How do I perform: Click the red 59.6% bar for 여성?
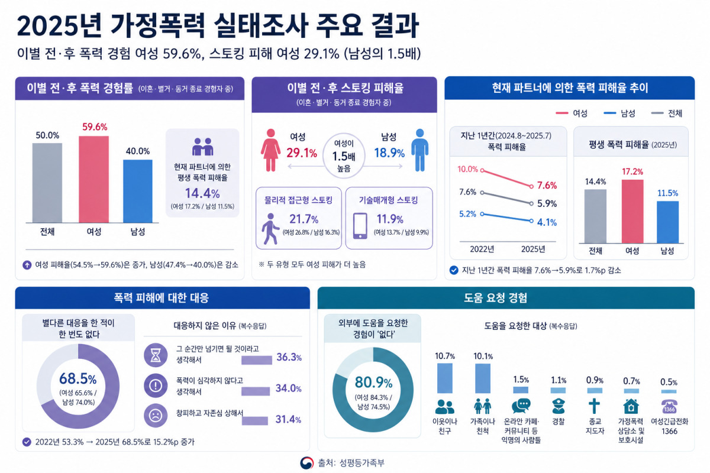pos(94,179)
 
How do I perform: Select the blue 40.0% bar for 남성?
pos(137,191)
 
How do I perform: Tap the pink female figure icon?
pos(270,150)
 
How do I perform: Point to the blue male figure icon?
pos(420,150)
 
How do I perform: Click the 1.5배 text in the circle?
pos(344,156)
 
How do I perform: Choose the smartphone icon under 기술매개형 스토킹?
pos(360,226)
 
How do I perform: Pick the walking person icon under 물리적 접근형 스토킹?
pos(270,229)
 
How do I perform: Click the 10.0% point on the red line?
pos(482,170)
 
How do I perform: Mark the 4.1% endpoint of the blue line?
pos(531,221)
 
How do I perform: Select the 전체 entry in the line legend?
pos(667,113)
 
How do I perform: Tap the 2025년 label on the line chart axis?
pos(533,249)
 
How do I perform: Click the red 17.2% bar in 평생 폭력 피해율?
pos(632,211)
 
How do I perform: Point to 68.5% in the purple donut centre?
pos(78,378)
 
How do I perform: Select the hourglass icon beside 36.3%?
pos(156,355)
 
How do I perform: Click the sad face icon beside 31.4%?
pos(156,415)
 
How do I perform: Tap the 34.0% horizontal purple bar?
pos(256,391)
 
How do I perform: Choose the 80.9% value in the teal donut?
pos(373,382)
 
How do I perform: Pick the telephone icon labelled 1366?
pos(669,406)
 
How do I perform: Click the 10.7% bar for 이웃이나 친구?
pos(445,378)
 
